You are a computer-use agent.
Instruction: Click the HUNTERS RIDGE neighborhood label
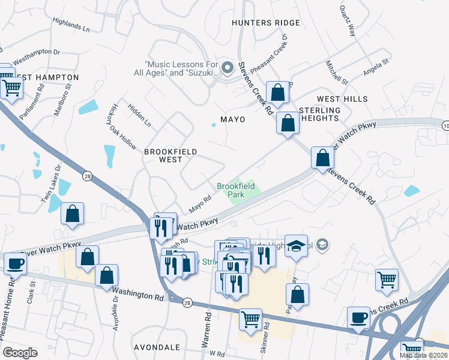pos(266,23)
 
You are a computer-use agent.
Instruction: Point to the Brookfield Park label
pos(236,191)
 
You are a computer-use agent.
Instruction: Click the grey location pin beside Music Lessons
pos(228,69)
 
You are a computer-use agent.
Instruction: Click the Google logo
pos(20,353)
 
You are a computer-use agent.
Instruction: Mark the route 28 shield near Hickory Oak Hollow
pos(88,175)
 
